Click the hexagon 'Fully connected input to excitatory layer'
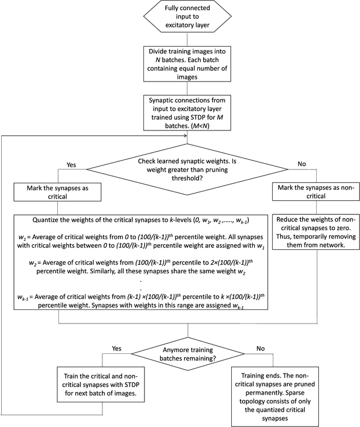[180, 19]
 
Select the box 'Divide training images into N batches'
[180, 61]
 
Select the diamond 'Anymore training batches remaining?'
[180, 353]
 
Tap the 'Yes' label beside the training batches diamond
[116, 348]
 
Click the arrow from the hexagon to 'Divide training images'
[180, 41]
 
